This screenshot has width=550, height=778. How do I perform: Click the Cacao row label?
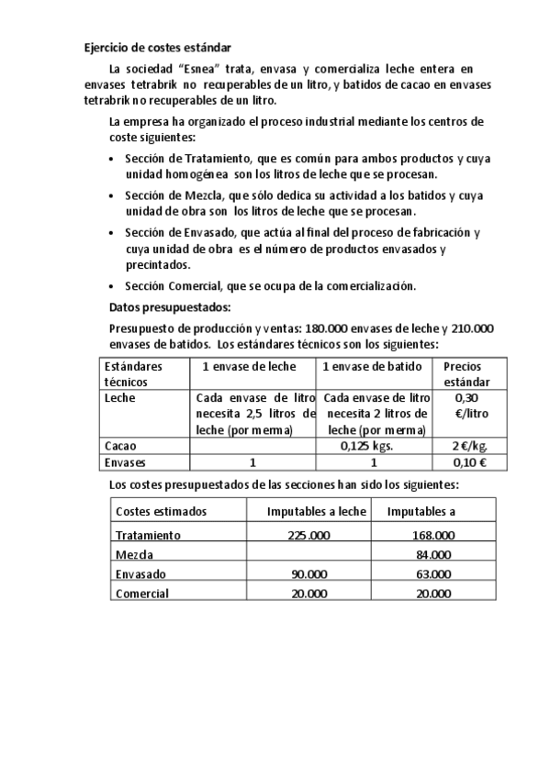(x=120, y=446)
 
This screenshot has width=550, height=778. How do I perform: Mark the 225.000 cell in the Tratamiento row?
(x=309, y=535)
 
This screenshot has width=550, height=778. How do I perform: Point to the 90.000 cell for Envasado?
(x=309, y=573)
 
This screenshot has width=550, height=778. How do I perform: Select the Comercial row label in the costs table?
(x=142, y=594)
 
